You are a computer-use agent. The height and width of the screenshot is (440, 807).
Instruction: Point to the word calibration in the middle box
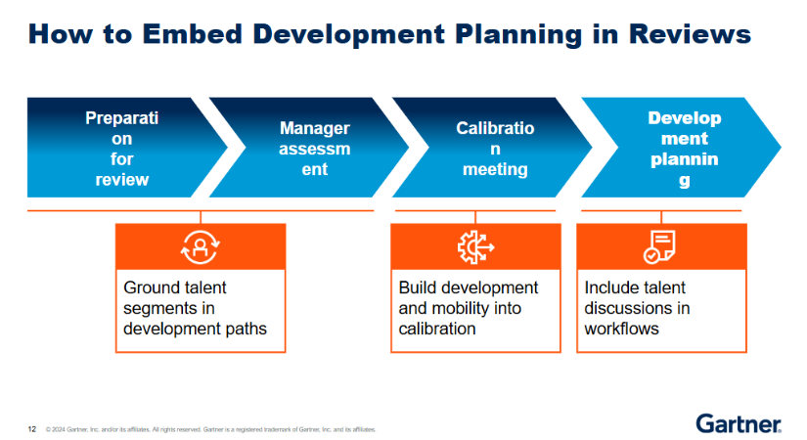pyautogui.click(x=437, y=330)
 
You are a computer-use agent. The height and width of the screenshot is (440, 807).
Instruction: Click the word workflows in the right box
pyautogui.click(x=622, y=330)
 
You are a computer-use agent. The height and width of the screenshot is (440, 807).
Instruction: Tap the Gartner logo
pyautogui.click(x=739, y=422)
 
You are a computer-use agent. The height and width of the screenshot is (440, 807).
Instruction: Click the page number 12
pyautogui.click(x=32, y=428)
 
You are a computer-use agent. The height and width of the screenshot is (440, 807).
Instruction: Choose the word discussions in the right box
pyautogui.click(x=630, y=309)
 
